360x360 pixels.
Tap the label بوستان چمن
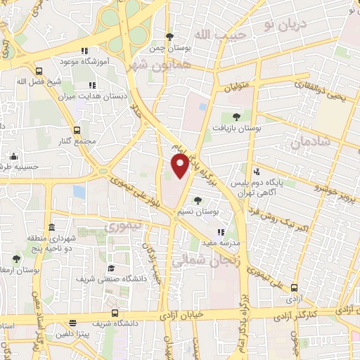[169, 49]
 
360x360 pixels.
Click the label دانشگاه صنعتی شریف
[111, 277]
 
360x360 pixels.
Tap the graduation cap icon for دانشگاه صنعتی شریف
[111, 267]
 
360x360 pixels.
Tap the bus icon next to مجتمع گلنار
[77, 129]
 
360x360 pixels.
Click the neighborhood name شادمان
[309, 144]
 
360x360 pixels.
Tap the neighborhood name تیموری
[122, 226]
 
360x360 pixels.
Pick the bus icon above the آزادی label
[294, 288]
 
